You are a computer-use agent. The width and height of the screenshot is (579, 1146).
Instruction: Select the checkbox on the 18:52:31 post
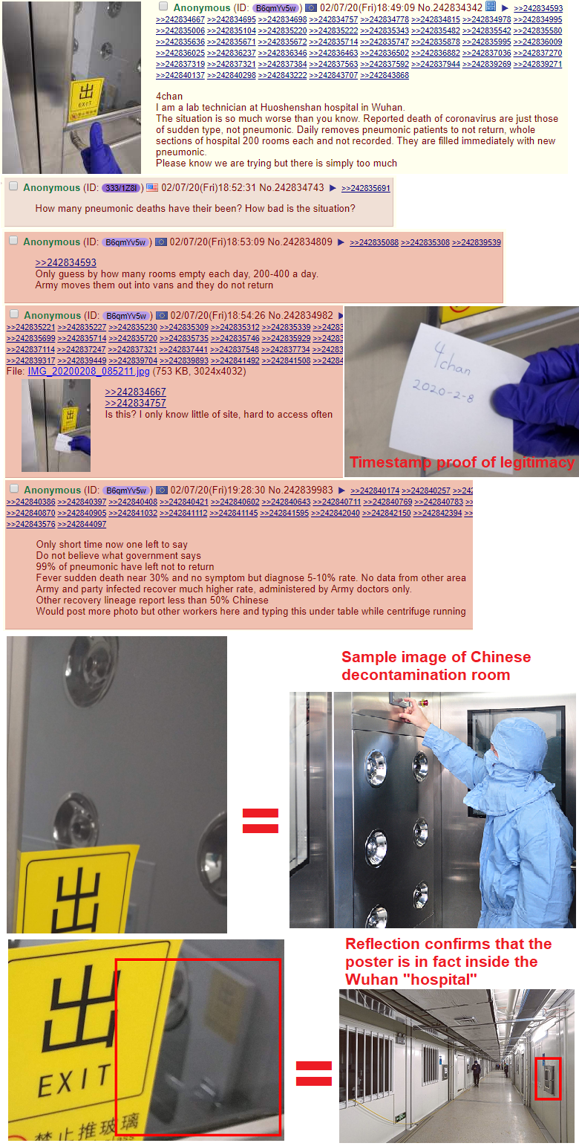[x=13, y=187]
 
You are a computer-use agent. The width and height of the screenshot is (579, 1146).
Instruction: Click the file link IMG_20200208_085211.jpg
[x=88, y=371]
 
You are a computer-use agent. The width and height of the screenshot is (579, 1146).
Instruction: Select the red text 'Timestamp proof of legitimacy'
[x=462, y=462]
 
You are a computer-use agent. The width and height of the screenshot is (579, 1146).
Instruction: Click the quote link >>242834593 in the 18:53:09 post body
[x=65, y=262]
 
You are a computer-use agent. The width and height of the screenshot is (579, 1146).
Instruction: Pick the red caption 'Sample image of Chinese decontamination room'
[x=436, y=666]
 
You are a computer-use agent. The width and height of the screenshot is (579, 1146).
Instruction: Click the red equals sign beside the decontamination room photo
[x=260, y=820]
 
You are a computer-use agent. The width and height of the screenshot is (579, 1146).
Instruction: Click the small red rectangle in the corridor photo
[x=547, y=1078]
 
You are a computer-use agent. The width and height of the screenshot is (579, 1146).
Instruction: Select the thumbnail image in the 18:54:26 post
[x=56, y=425]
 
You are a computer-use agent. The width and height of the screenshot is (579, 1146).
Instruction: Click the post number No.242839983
[x=301, y=491]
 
